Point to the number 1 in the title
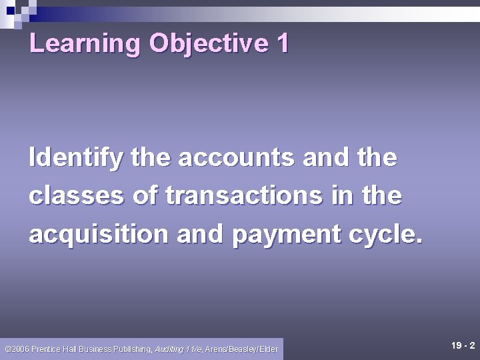282,43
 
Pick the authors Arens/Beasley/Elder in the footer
241,349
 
